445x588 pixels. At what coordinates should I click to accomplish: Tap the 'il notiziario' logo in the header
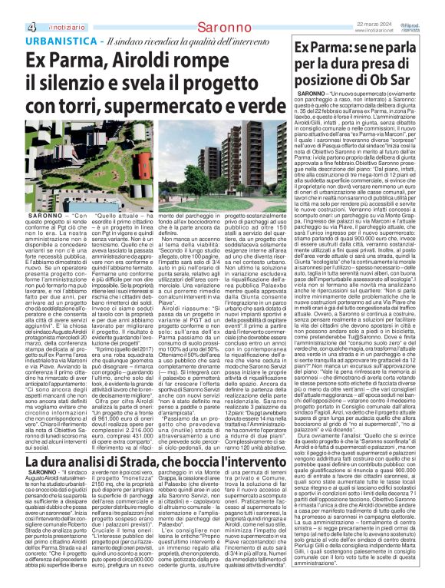[x=35, y=8]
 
